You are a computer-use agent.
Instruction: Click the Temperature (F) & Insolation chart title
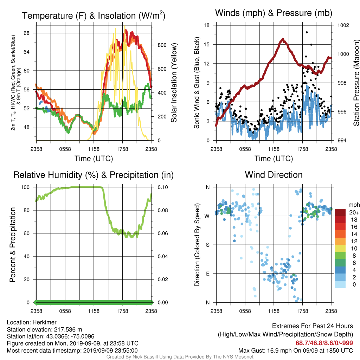click(x=94, y=15)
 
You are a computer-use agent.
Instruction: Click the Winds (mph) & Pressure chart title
click(x=274, y=13)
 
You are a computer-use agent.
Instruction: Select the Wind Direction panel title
click(x=274, y=175)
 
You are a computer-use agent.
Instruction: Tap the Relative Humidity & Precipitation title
click(x=94, y=175)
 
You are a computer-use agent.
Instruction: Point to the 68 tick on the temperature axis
click(x=27, y=33)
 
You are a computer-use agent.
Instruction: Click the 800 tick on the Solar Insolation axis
click(x=162, y=45)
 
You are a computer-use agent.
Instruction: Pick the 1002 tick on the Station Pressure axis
click(x=343, y=25)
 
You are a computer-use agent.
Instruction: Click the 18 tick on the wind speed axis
click(x=207, y=25)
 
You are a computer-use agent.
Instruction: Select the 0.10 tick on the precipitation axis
click(x=163, y=187)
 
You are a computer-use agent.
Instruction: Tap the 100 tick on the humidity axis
click(x=25, y=187)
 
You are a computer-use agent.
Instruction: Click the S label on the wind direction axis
click(x=207, y=245)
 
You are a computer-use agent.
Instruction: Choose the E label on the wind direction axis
click(x=207, y=274)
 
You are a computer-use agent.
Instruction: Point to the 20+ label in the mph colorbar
click(x=354, y=213)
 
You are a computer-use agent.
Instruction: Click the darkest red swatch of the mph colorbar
click(x=340, y=212)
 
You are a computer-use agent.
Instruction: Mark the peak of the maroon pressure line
click(x=283, y=39)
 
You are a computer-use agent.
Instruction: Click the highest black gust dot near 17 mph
click(x=307, y=32)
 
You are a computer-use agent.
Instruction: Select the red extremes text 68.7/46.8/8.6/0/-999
click(x=324, y=343)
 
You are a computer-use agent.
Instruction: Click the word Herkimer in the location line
click(x=44, y=322)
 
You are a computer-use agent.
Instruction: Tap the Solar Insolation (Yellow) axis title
click(x=174, y=83)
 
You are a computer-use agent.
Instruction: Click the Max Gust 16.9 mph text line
click(x=295, y=351)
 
